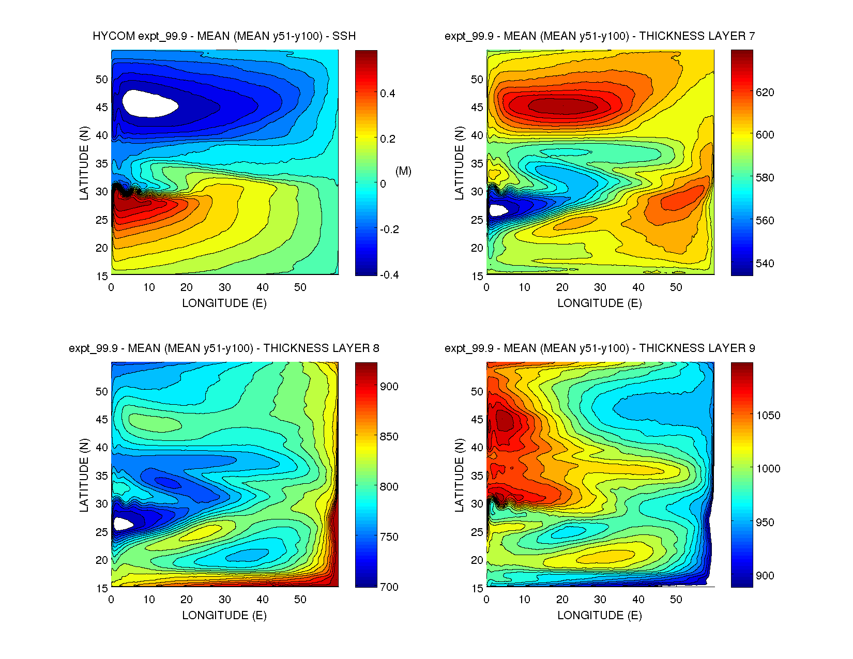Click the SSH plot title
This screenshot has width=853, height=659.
point(224,36)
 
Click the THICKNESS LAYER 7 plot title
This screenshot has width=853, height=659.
point(600,36)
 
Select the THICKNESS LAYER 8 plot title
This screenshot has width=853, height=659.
point(224,348)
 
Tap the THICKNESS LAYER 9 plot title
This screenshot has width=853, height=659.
point(600,348)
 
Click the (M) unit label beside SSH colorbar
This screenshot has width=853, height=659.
point(403,171)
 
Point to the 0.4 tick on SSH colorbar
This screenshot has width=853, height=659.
point(387,94)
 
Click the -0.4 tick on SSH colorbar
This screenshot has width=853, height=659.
point(389,275)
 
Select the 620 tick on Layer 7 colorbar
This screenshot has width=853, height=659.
point(765,93)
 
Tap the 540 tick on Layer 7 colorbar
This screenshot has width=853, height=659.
point(765,264)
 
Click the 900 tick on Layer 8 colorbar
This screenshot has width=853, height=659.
point(389,387)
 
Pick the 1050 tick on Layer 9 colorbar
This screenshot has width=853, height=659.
point(768,416)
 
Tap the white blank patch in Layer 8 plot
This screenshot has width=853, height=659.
point(123,524)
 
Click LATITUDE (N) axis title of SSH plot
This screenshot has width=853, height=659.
point(84,163)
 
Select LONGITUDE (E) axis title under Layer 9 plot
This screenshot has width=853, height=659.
point(600,615)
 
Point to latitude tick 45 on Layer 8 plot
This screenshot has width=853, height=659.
point(102,420)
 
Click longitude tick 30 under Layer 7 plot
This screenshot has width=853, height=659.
point(600,287)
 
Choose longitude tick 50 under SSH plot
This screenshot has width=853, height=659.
point(300,287)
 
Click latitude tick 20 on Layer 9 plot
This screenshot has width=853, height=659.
point(477,560)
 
